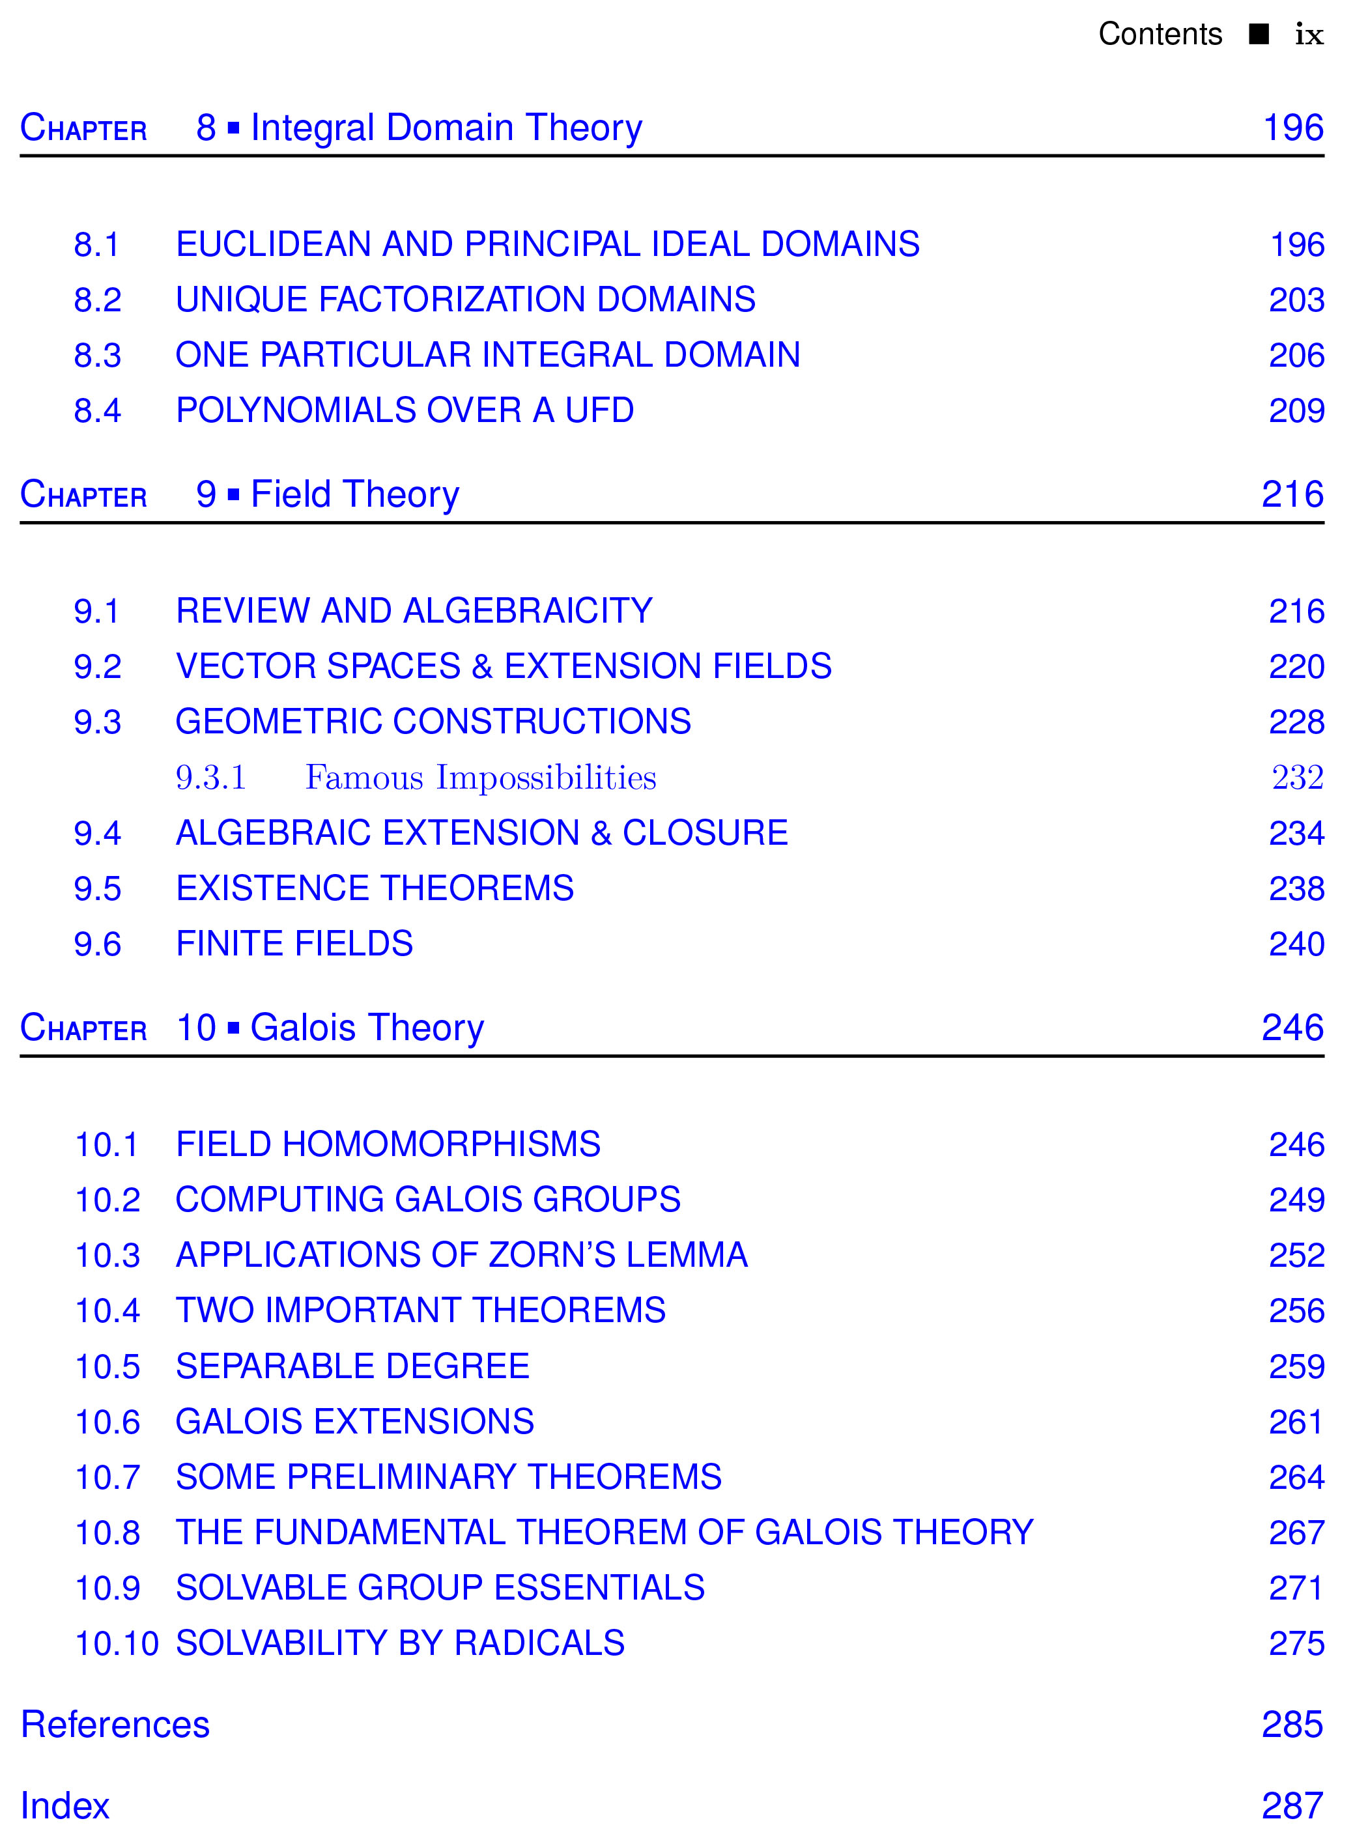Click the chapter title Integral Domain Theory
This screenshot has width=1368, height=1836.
coord(446,128)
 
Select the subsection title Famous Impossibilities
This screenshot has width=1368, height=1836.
coord(480,777)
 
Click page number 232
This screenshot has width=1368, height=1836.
coord(1297,777)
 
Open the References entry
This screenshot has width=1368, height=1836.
coord(115,1724)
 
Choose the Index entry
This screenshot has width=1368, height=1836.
coord(64,1805)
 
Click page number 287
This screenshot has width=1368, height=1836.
coord(1292,1805)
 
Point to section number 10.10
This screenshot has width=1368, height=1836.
coord(116,1643)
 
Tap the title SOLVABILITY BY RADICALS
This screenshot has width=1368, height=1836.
coord(400,1643)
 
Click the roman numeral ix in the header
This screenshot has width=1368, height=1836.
coord(1308,35)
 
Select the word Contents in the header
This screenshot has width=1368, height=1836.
coord(1160,35)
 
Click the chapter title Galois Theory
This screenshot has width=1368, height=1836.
coord(367,1028)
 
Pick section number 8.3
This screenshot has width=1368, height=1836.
coord(97,355)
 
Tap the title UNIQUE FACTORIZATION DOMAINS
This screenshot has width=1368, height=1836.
coord(465,300)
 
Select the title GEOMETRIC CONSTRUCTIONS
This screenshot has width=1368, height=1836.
coord(433,722)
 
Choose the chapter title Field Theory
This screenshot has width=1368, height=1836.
coord(354,495)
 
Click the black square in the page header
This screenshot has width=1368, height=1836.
coord(1259,34)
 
